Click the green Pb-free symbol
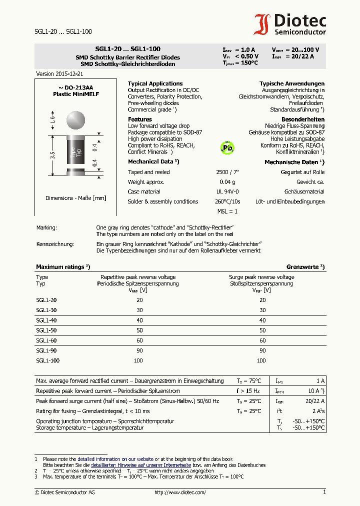(x=227, y=148)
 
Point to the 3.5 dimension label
(x=52, y=155)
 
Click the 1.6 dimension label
(x=52, y=119)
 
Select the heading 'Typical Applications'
(x=155, y=83)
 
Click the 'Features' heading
(x=139, y=119)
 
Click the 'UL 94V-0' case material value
(x=227, y=191)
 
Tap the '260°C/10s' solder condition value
(x=227, y=201)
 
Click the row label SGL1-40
(x=46, y=320)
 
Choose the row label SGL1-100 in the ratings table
(x=48, y=360)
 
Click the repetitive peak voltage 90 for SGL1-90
(x=139, y=350)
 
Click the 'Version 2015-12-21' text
(x=59, y=73)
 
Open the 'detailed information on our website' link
(x=115, y=458)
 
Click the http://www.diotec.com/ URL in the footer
(x=180, y=492)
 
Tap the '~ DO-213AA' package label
(x=76, y=87)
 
